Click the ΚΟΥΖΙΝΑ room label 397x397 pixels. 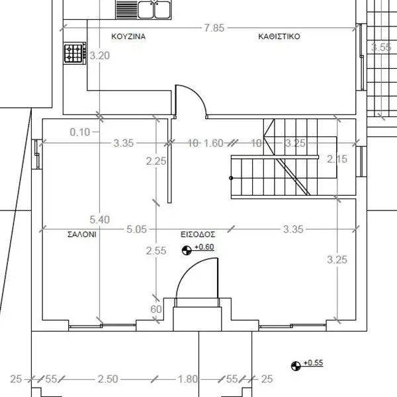[x=128, y=36]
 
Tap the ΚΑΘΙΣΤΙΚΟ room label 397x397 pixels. [x=279, y=36]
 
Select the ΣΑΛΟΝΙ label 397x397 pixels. [x=82, y=234]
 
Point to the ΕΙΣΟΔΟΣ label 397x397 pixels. [x=198, y=234]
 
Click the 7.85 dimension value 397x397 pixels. [x=214, y=28]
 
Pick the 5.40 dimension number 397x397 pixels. [x=100, y=220]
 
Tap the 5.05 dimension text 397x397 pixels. [x=136, y=230]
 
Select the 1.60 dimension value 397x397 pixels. [x=214, y=144]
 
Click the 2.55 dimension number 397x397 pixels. [x=156, y=251]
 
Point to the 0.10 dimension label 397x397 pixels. [x=80, y=132]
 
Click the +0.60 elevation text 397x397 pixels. [x=204, y=247]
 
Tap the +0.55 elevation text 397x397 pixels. [x=314, y=363]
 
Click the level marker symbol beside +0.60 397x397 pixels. [x=187, y=251]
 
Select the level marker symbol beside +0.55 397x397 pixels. [x=296, y=366]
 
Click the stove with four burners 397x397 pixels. [x=75, y=53]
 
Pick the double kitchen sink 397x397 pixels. [x=154, y=10]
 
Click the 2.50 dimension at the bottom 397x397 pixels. [x=108, y=379]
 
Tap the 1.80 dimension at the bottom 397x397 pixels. [x=188, y=379]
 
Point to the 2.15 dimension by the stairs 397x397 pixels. [x=337, y=159]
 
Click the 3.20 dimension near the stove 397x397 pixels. [x=100, y=56]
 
